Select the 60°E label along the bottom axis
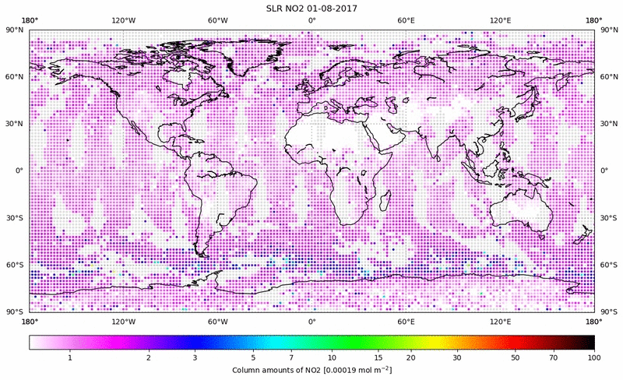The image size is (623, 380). tap(406, 321)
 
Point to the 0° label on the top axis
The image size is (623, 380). tap(311, 21)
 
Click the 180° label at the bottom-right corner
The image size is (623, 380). tap(594, 321)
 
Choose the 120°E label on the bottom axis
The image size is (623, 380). tap(500, 321)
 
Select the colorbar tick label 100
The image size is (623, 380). tap(594, 357)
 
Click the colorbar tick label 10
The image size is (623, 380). tap(333, 357)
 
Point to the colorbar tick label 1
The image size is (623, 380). tap(70, 357)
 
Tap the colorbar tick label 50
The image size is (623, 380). tap(516, 357)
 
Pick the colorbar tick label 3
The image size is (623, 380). tap(195, 357)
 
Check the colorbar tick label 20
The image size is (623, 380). tap(410, 357)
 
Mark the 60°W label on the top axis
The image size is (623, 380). tap(217, 21)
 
